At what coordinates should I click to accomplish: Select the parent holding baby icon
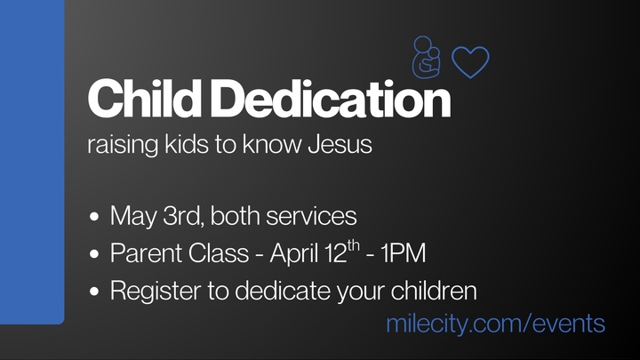click(426, 58)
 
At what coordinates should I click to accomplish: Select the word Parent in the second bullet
click(140, 253)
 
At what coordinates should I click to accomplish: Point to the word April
click(298, 254)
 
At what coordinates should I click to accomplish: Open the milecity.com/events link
click(495, 323)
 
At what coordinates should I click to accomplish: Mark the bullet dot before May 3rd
click(95, 217)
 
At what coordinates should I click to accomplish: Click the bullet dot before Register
click(95, 292)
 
